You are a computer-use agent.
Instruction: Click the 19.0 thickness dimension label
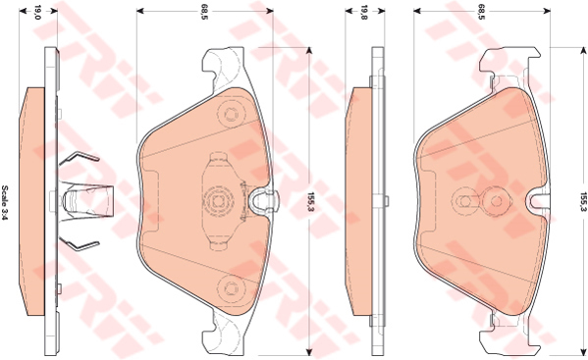coord(38,12)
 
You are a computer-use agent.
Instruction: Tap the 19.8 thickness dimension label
coord(363,12)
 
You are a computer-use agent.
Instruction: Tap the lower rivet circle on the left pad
coord(233,287)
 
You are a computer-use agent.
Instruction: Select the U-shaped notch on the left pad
coord(262,201)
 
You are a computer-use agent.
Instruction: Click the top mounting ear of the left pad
coord(222,69)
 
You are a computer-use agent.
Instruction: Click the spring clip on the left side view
coord(79,200)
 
